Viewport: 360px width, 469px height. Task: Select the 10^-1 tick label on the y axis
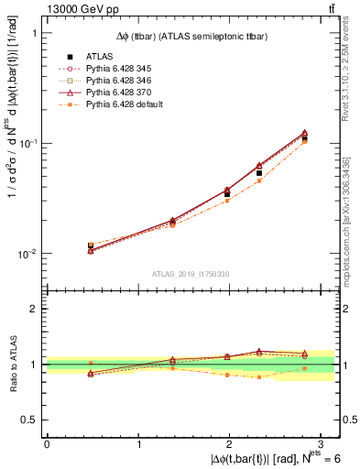27,144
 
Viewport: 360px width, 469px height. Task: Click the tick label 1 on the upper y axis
35,33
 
